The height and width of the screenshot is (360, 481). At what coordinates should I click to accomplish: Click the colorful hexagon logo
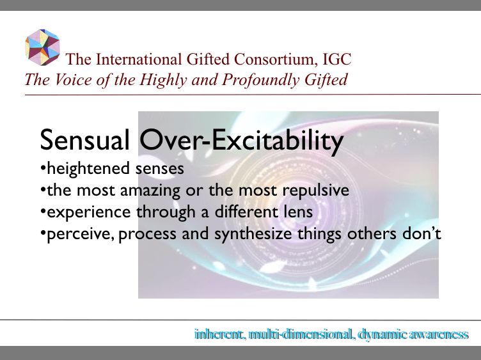(42, 47)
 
